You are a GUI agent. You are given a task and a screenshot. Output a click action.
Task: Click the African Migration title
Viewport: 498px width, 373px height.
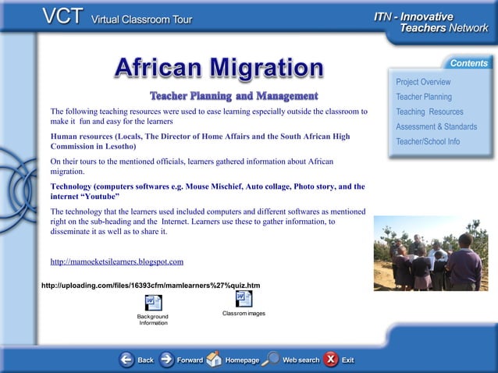tap(219, 69)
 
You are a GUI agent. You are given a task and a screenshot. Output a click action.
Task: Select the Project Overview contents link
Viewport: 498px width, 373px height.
tap(422, 82)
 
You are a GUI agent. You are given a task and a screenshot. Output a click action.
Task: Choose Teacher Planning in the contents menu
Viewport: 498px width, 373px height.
tap(423, 97)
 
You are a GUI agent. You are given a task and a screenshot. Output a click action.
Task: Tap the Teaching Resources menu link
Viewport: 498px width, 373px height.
tap(429, 112)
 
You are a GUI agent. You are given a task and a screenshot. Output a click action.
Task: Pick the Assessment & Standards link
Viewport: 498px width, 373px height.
tap(436, 126)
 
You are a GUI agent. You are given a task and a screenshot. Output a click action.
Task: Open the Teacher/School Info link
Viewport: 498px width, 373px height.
tap(428, 141)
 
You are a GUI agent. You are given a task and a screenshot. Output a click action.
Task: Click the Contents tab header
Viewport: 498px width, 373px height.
tap(468, 63)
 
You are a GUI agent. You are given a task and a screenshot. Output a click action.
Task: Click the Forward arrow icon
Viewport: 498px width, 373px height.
tap(167, 360)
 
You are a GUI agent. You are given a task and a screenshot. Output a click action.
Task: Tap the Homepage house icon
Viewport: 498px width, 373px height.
tap(214, 359)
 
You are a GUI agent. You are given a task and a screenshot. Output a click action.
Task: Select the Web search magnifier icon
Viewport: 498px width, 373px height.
tap(271, 359)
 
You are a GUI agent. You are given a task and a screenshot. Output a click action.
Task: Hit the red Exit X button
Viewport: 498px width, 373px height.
tap(331, 359)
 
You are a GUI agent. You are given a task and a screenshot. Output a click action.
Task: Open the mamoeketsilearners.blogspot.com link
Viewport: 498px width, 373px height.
tap(116, 261)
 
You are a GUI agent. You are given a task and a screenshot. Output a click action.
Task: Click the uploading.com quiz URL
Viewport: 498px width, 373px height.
tap(150, 285)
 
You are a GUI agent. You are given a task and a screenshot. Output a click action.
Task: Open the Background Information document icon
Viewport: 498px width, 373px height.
tap(153, 303)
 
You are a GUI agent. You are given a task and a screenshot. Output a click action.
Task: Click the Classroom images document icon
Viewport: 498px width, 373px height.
tap(244, 299)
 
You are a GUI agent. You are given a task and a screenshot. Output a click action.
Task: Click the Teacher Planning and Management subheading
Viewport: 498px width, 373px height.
tap(233, 96)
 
